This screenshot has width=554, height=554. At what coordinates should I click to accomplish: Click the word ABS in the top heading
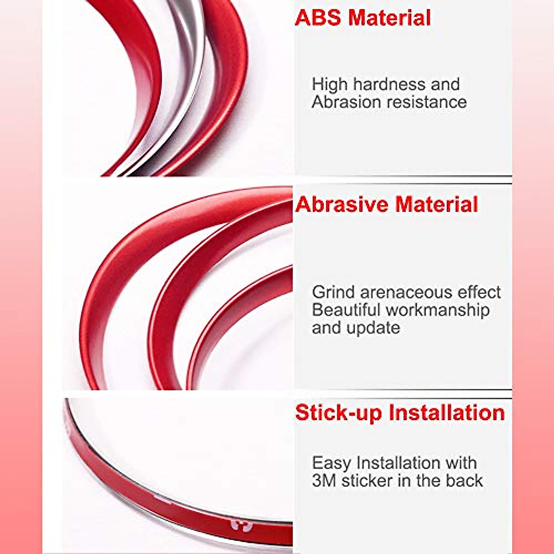pyautogui.click(x=319, y=18)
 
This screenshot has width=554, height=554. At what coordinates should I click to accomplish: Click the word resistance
pyautogui.click(x=423, y=102)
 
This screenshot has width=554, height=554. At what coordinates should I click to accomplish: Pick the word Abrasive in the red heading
pyautogui.click(x=342, y=205)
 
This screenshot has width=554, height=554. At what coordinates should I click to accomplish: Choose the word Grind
pyautogui.click(x=333, y=293)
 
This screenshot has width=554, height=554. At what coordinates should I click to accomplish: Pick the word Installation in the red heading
pyautogui.click(x=446, y=413)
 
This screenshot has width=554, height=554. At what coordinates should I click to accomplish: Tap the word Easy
pyautogui.click(x=332, y=463)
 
